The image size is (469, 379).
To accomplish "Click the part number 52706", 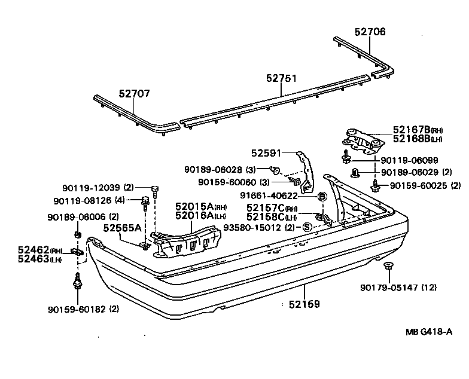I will [x=369, y=33].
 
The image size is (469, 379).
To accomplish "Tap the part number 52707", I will [x=134, y=94].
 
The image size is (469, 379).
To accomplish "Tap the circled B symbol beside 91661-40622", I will [x=321, y=196].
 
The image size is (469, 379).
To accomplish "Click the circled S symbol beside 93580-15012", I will [x=306, y=227].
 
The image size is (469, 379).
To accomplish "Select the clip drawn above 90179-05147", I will [x=387, y=266].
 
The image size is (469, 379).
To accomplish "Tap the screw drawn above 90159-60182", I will [x=78, y=280].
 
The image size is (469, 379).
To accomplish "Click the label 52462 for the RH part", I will [x=32, y=251].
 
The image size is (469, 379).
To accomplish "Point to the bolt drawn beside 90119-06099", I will [x=346, y=158].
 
